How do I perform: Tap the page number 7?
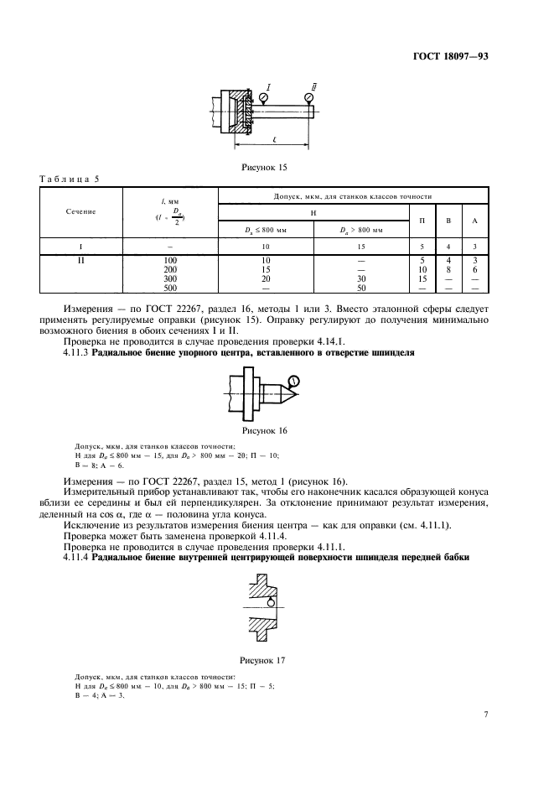pos(486,715)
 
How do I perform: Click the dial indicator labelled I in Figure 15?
pos(264,98)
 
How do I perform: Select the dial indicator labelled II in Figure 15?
pos(310,98)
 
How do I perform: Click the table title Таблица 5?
pos(70,179)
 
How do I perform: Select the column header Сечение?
pos(80,211)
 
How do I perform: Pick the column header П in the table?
pos(421,221)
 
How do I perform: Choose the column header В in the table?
pos(448,221)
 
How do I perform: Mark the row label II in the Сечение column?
pos(80,262)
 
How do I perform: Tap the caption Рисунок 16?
pos(264,430)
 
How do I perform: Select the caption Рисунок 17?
pos(264,660)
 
